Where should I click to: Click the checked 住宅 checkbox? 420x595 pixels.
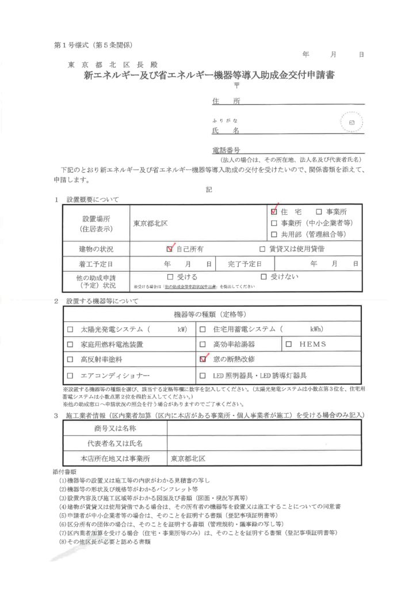click(274, 211)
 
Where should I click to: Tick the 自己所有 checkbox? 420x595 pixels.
click(169, 249)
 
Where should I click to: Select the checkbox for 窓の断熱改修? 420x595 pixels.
click(203, 358)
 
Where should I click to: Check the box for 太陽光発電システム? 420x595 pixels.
click(70, 329)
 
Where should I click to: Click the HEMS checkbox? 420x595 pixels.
click(289, 344)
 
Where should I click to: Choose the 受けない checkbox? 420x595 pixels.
click(265, 277)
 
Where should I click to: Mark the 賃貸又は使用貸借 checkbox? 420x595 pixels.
click(262, 249)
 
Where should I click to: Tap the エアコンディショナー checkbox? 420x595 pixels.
click(70, 374)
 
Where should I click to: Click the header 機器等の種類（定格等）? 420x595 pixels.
click(209, 314)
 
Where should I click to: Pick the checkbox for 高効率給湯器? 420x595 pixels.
click(203, 344)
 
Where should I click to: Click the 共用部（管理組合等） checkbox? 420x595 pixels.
click(274, 234)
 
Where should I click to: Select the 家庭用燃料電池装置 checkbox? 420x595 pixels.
click(70, 344)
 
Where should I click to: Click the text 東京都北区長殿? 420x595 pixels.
click(112, 65)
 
